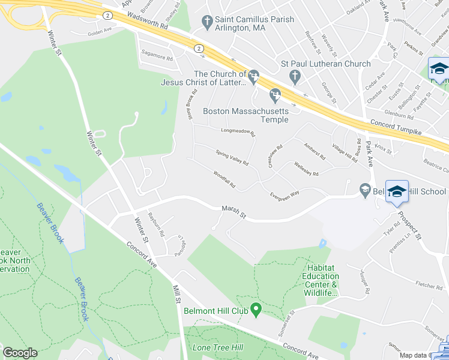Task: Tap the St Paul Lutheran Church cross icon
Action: coord(294,76)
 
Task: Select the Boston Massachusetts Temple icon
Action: coord(276,94)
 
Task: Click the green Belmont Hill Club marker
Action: coord(256,310)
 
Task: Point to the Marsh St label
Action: coord(234,212)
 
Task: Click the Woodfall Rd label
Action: coord(223,181)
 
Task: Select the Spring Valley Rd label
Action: coord(232,159)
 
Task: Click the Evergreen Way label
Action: coord(284,195)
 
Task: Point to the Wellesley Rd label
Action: coord(306,169)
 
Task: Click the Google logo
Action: coord(20,353)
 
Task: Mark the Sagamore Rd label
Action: coord(157,58)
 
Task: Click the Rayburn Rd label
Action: coord(160,225)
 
